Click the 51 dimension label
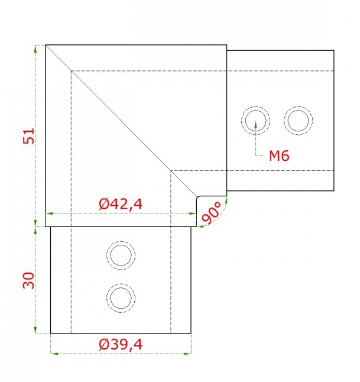click(x=29, y=136)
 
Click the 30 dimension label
click(x=29, y=280)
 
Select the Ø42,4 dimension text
click(x=121, y=204)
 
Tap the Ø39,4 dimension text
click(x=121, y=345)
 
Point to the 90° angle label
click(x=212, y=212)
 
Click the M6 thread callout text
click(x=279, y=156)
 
